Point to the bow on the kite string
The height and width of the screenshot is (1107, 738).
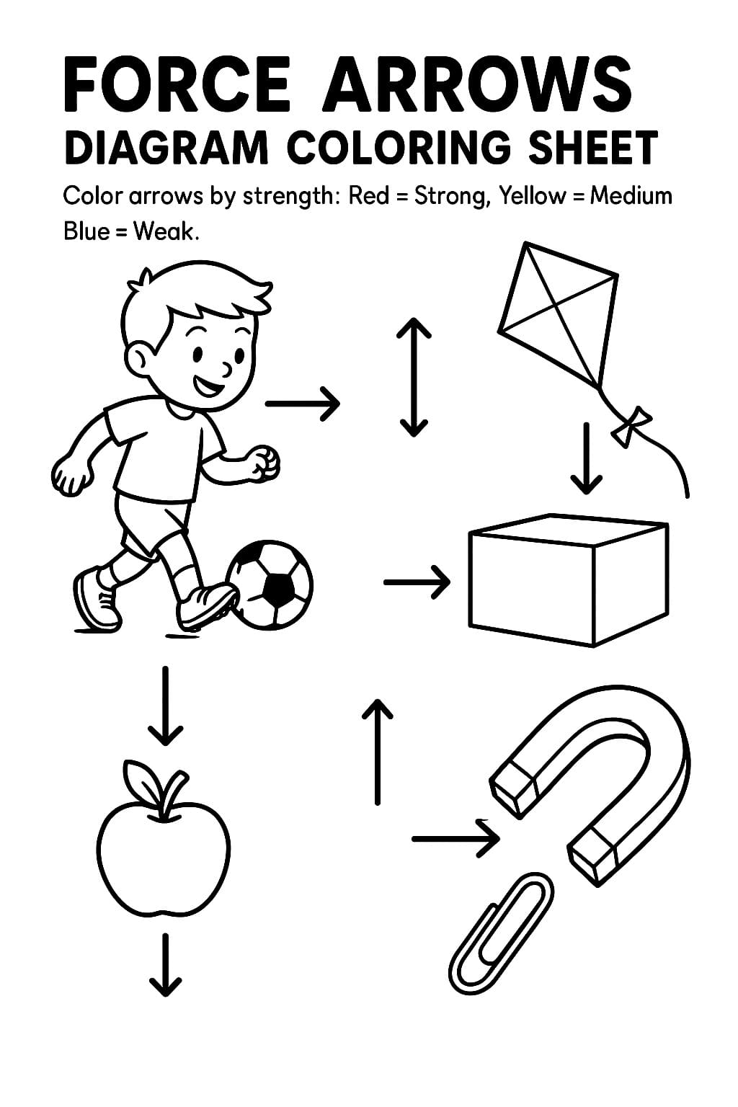coord(631,424)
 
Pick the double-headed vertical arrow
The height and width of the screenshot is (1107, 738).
coord(414,378)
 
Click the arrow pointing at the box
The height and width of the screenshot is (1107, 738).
coord(417,581)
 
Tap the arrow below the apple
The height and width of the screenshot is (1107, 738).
coord(165,966)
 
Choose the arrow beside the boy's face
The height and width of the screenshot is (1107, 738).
coord(303,403)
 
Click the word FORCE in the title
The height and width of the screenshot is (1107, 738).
coord(177,84)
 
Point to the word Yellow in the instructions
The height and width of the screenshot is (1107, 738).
coord(532,196)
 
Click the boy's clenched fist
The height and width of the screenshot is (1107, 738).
coord(264,463)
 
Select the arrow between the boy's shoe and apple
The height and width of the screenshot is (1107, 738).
coord(165,706)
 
